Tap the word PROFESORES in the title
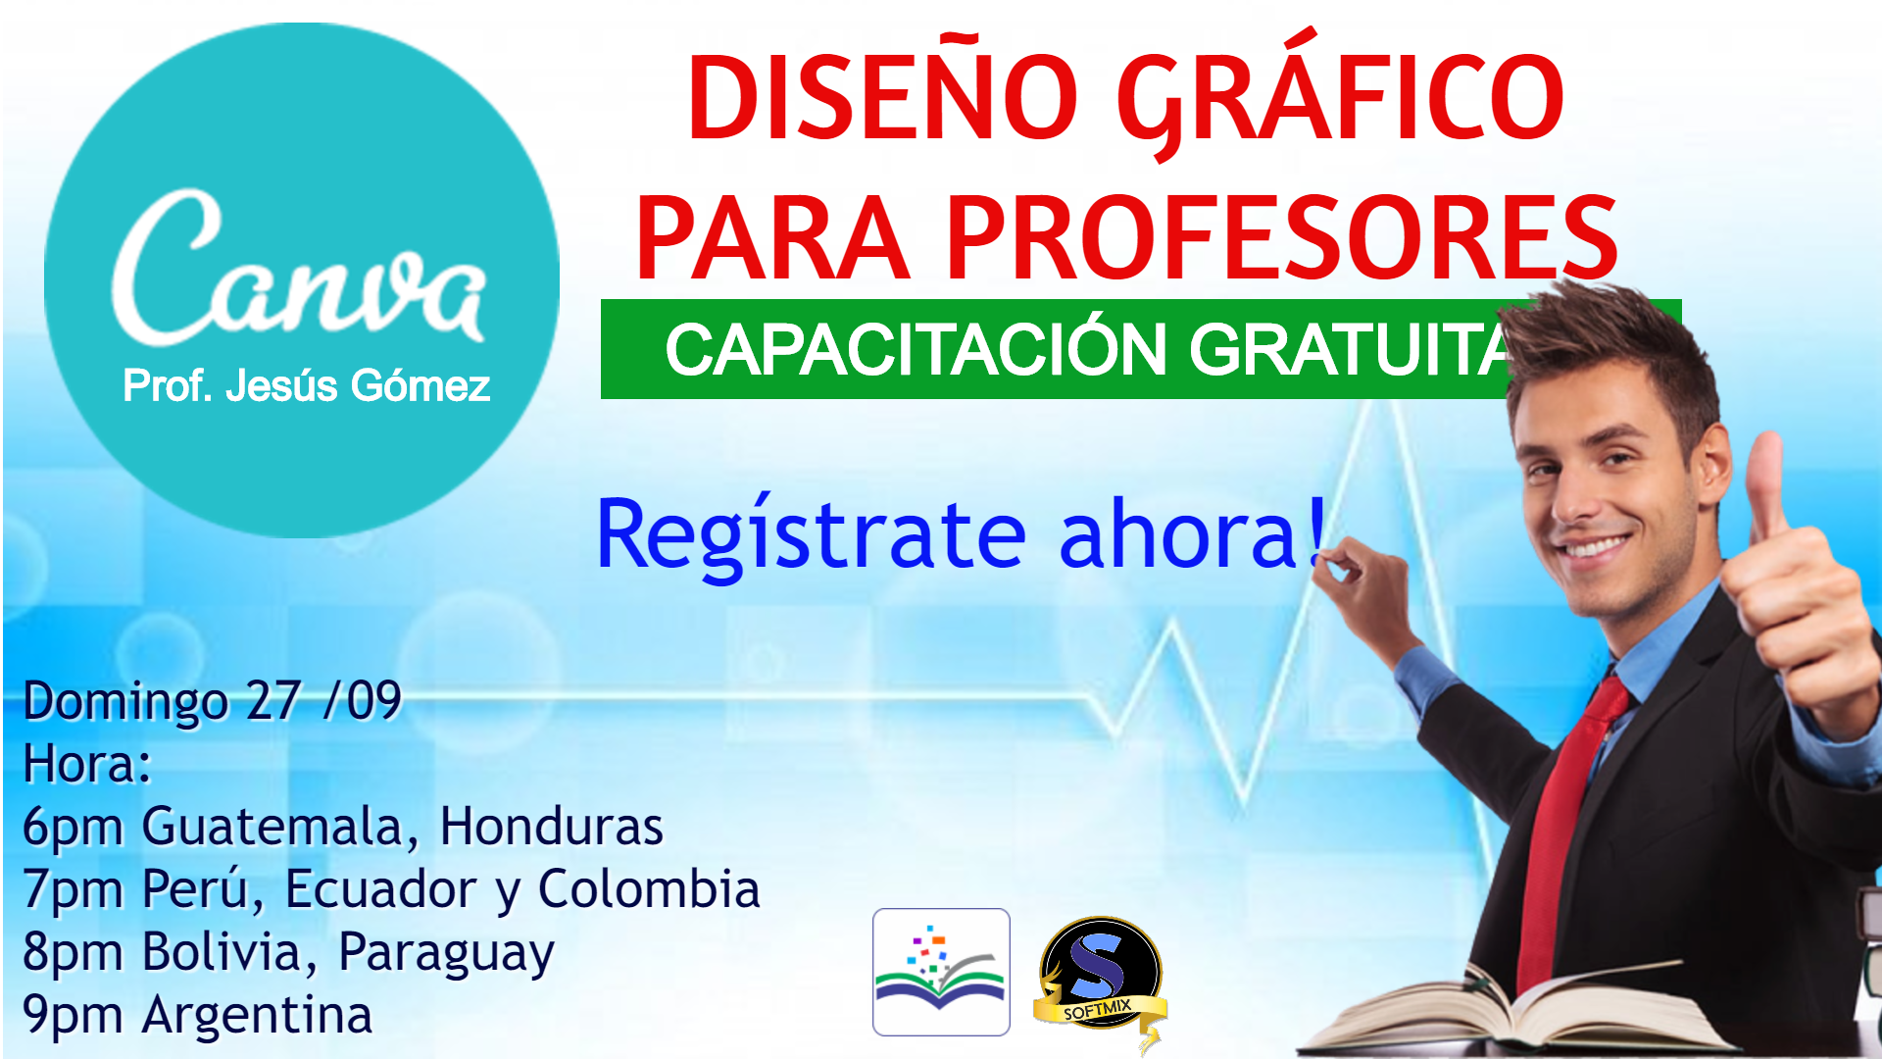(1282, 237)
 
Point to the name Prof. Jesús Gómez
(306, 385)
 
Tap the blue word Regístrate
(812, 533)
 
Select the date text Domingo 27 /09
(212, 701)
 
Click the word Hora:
(87, 764)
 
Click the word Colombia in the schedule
(649, 888)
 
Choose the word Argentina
(257, 1015)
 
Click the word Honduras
(551, 826)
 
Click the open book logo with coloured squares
(941, 972)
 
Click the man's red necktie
(1565, 833)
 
